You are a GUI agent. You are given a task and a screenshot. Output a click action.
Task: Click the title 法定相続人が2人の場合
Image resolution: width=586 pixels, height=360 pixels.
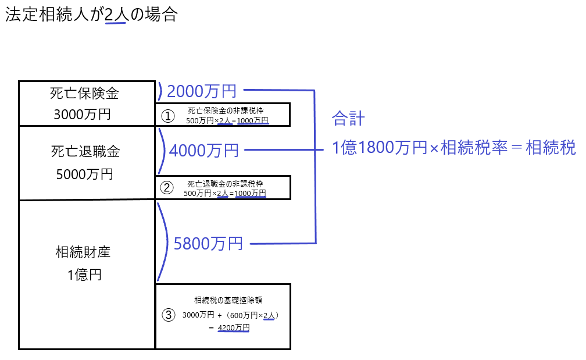pos(91,15)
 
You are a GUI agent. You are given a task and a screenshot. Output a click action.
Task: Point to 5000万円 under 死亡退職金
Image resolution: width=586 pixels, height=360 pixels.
pos(85,174)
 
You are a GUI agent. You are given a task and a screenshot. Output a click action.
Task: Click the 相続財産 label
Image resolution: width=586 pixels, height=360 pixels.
pos(83,252)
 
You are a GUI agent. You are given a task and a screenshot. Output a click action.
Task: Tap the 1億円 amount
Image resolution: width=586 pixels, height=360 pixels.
pos(84,275)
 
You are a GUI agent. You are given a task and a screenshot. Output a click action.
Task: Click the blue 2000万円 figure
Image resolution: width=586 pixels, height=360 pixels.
pos(201,91)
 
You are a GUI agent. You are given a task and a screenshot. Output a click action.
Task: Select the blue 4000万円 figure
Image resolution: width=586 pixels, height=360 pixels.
pos(204,151)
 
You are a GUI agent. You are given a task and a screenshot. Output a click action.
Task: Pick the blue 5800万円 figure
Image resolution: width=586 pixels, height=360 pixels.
pos(208,244)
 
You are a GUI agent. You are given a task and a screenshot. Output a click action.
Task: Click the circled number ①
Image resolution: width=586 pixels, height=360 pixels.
pos(167,116)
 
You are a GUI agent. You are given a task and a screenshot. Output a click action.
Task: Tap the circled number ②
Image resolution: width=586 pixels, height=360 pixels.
pos(167,187)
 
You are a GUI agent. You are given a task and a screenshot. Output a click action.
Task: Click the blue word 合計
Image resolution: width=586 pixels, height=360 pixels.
pos(348,119)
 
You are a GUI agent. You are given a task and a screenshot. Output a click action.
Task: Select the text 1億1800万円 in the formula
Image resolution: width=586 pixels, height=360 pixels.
pos(371,148)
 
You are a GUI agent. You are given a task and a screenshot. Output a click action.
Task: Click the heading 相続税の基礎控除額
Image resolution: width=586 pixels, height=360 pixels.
pos(228,301)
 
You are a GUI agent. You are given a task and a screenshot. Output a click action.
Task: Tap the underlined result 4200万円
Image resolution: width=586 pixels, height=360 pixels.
pos(234,328)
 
